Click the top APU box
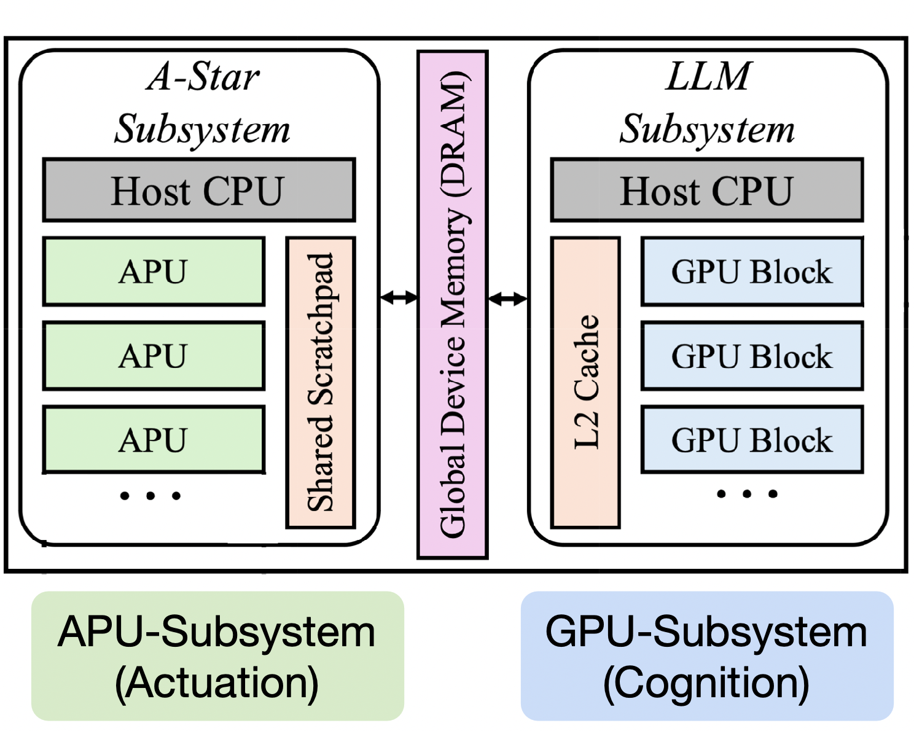(x=154, y=272)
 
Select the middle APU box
(x=154, y=356)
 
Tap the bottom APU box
(x=154, y=440)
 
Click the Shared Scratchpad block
(x=321, y=382)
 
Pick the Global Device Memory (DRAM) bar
(x=453, y=305)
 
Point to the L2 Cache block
(x=585, y=382)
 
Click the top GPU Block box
(x=752, y=272)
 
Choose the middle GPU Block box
(x=752, y=356)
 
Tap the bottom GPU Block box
(x=752, y=440)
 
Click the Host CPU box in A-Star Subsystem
(x=198, y=190)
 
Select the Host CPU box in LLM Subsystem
(x=706, y=190)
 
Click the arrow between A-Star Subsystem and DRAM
(x=399, y=299)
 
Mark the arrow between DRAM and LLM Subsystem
(x=507, y=299)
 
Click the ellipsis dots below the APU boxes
(x=150, y=495)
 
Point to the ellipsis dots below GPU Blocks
(x=747, y=493)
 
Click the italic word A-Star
(x=203, y=77)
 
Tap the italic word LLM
(x=708, y=77)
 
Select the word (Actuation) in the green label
(x=217, y=683)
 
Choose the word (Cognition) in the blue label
(x=706, y=683)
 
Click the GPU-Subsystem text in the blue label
(x=706, y=631)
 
